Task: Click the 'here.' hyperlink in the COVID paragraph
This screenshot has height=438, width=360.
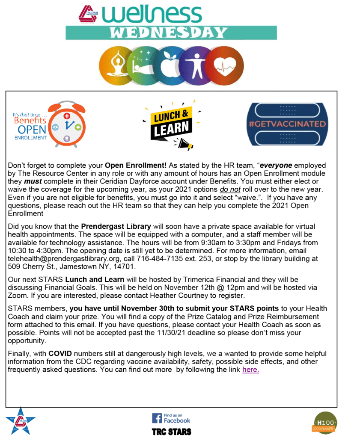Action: point(250,370)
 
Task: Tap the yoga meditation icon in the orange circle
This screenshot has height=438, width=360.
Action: point(116,64)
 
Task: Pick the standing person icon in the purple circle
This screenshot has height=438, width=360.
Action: point(198,64)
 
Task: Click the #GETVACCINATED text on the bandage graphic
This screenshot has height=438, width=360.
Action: point(287,124)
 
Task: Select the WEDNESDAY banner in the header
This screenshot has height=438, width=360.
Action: point(171,33)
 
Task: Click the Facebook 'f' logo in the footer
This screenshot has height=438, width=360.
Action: point(157,418)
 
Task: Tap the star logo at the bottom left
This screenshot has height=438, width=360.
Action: point(20,421)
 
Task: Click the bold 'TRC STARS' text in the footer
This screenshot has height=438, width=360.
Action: point(171,432)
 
